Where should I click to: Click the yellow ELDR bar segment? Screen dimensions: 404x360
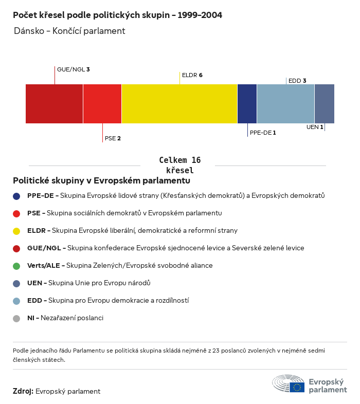(179, 104)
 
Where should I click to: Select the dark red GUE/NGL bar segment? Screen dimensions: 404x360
(54, 104)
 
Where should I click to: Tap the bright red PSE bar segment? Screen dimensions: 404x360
(102, 104)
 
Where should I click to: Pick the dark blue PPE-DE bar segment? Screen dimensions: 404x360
(247, 104)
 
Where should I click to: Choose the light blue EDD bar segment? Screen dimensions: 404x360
(285, 104)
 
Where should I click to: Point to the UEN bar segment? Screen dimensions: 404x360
(324, 104)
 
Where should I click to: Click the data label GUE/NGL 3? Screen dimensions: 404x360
(74, 69)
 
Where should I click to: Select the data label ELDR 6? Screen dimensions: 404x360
(192, 75)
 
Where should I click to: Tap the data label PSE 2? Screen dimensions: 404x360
(113, 138)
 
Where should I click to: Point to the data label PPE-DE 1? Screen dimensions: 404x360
(263, 133)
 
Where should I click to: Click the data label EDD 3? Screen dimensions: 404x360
(297, 81)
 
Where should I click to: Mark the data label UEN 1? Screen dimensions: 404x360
(315, 127)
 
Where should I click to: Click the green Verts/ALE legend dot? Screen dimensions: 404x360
(17, 266)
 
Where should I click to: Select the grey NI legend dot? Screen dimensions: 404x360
(17, 318)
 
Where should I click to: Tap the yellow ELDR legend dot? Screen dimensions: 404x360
(17, 231)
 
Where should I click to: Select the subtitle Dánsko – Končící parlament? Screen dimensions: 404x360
(70, 31)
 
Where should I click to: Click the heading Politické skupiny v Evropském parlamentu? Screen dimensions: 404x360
(101, 181)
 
